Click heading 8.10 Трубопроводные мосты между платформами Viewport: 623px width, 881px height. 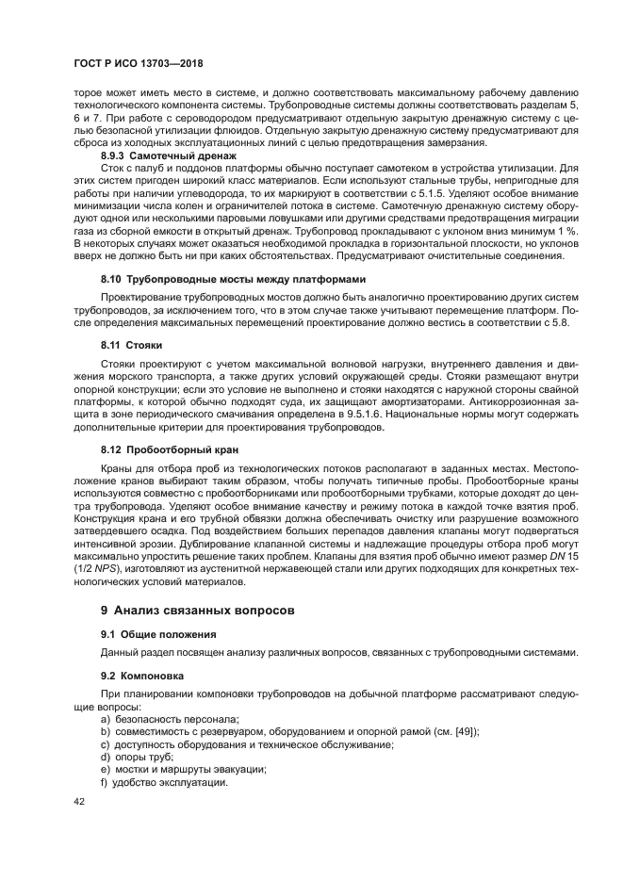tap(233, 281)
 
